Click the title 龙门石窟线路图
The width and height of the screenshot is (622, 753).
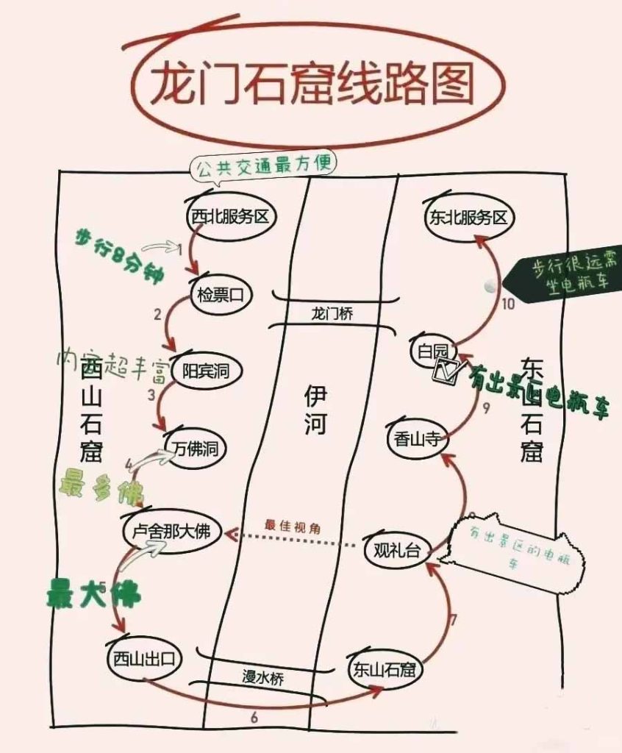coord(312,85)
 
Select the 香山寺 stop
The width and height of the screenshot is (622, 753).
coord(416,440)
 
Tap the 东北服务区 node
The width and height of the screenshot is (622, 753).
coord(467,218)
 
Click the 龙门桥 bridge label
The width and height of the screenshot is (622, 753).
coord(333,313)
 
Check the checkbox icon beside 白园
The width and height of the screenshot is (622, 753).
coord(446,371)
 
